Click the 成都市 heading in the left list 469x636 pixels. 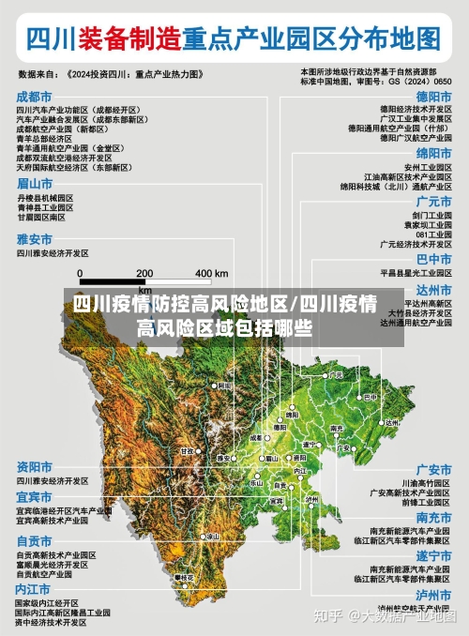pyautogui.click(x=35, y=97)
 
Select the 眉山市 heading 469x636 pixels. pyautogui.click(x=35, y=184)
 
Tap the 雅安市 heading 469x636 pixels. pyautogui.click(x=35, y=239)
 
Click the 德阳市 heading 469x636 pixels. pyautogui.click(x=434, y=97)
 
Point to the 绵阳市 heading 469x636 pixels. pyautogui.click(x=434, y=152)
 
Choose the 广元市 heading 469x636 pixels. pyautogui.click(x=434, y=201)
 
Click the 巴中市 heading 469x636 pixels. pyautogui.click(x=434, y=258)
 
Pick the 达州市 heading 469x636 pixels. pyautogui.click(x=434, y=289)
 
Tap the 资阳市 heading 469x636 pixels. pyautogui.click(x=35, y=466)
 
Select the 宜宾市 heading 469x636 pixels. pyautogui.click(x=35, y=496)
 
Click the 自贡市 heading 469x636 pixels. pyautogui.click(x=35, y=540)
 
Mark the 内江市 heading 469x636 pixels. pyautogui.click(x=35, y=588)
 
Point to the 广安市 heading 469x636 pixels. pyautogui.click(x=434, y=469)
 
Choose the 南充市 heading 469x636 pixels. pyautogui.click(x=434, y=517)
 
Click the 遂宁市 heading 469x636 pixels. pyautogui.click(x=434, y=555)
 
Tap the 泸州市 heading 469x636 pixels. pyautogui.click(x=434, y=595)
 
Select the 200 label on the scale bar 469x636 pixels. pyautogui.click(x=144, y=273)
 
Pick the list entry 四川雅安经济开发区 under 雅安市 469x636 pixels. pyautogui.click(x=53, y=253)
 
